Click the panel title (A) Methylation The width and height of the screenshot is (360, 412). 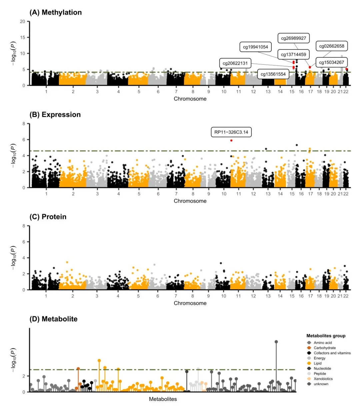pyautogui.click(x=56, y=12)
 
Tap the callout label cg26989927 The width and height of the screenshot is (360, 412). pyautogui.click(x=293, y=38)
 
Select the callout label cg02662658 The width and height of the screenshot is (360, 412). pyautogui.click(x=332, y=46)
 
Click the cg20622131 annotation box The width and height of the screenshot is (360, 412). pyautogui.click(x=235, y=63)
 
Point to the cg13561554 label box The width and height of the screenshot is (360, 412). pyautogui.click(x=273, y=74)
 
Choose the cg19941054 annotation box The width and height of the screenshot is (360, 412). pyautogui.click(x=255, y=47)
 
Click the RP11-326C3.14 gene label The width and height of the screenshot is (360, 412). pyautogui.click(x=231, y=132)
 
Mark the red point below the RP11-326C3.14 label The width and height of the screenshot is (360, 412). pyautogui.click(x=231, y=140)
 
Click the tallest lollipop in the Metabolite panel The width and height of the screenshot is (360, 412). pyautogui.click(x=276, y=342)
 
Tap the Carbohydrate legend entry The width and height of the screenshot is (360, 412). pyautogui.click(x=324, y=348)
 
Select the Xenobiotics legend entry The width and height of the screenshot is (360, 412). pyautogui.click(x=323, y=379)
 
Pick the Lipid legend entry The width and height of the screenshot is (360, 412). pyautogui.click(x=317, y=363)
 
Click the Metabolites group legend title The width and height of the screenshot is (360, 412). pyautogui.click(x=326, y=336)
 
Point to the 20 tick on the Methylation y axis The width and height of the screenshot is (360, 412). pyautogui.click(x=23, y=21)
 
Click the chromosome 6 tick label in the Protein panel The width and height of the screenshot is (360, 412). pyautogui.click(x=158, y=296)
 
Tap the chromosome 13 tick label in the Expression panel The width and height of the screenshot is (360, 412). pyautogui.click(x=268, y=194)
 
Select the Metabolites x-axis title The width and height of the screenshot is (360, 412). pyautogui.click(x=163, y=399)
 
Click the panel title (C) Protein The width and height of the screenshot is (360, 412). pyautogui.click(x=48, y=217)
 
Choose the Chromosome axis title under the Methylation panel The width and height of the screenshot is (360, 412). pyautogui.click(x=190, y=99)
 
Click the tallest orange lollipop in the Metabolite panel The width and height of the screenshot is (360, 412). pyautogui.click(x=99, y=361)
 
